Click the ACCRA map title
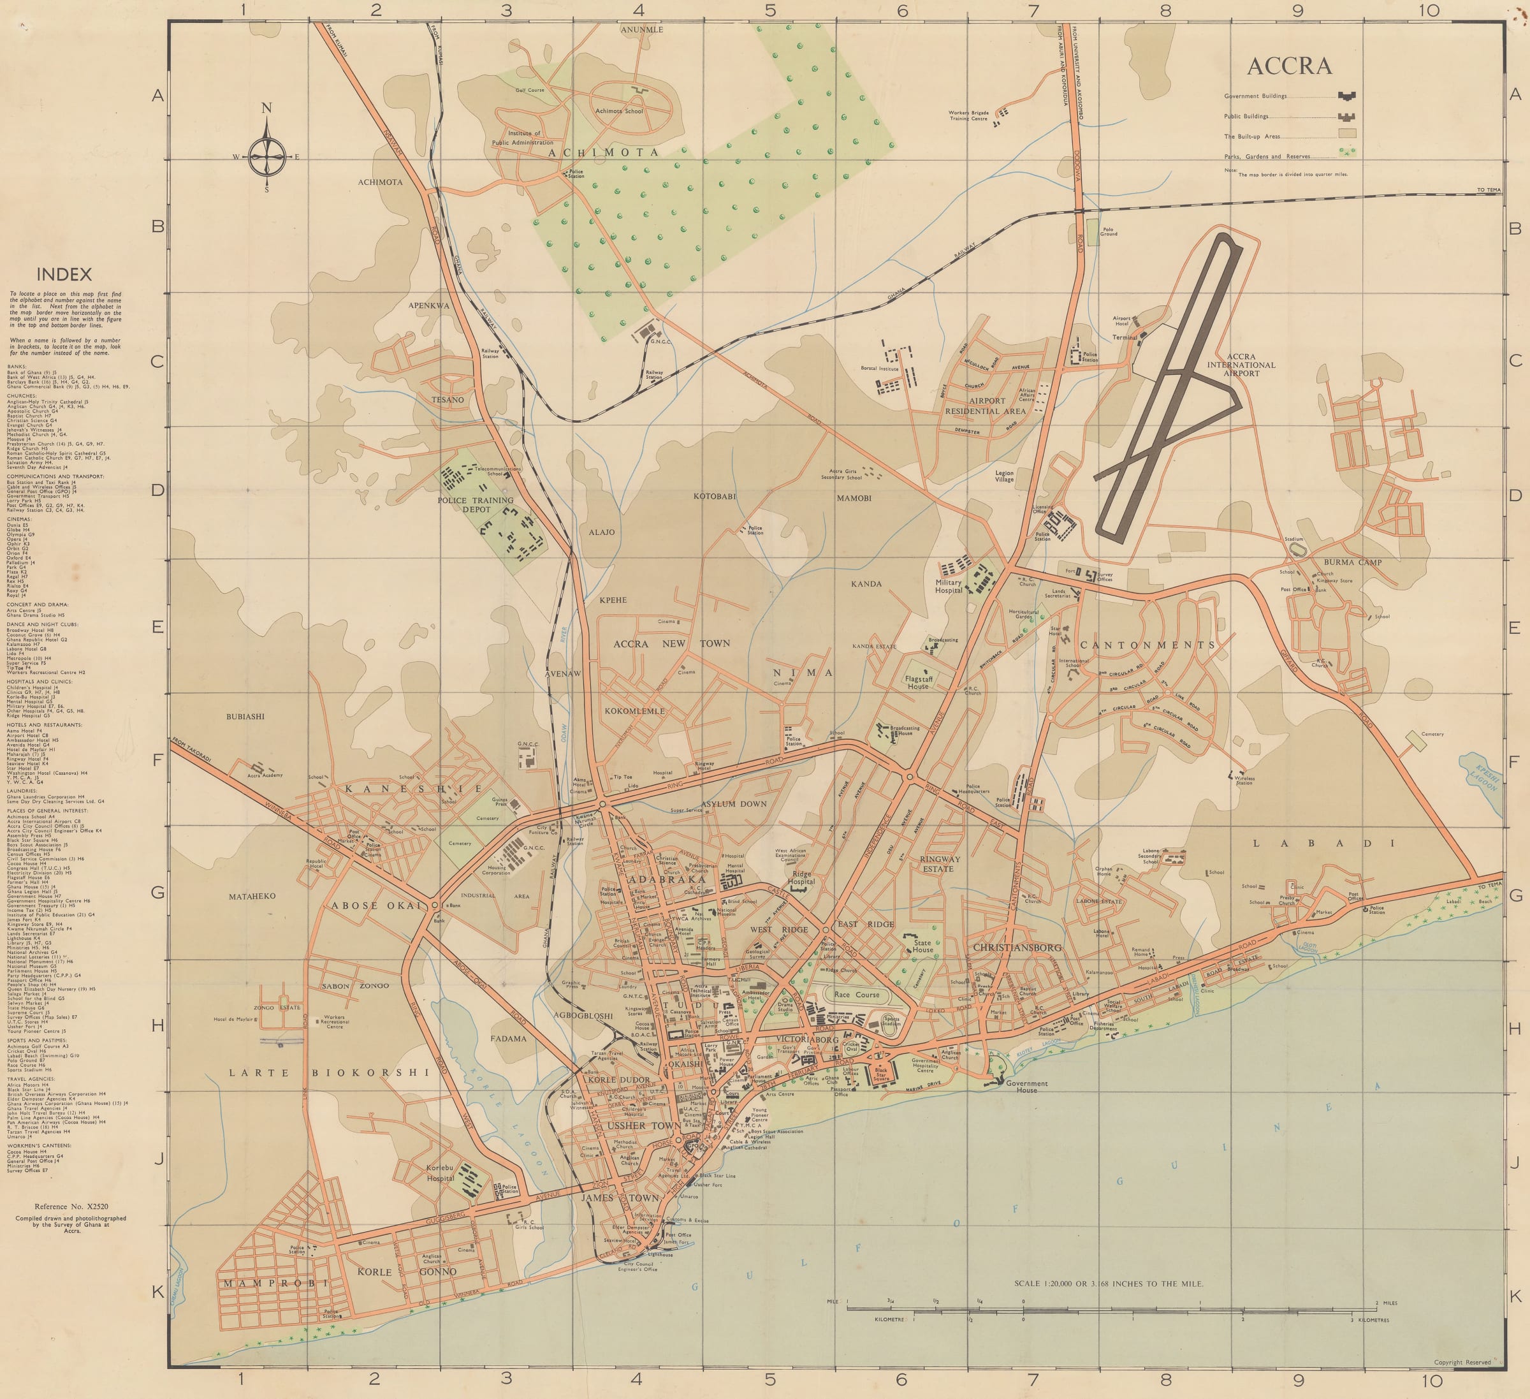[x=1288, y=67]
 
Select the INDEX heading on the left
[x=64, y=275]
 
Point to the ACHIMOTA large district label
[x=603, y=152]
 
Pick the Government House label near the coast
[x=1026, y=1087]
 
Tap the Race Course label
[x=857, y=994]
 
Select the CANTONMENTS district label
[x=1147, y=645]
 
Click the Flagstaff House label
[x=917, y=682]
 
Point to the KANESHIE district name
[x=414, y=789]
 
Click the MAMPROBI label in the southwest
[x=275, y=1283]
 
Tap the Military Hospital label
[x=948, y=587]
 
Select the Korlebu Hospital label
[x=440, y=1173]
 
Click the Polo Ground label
[x=1108, y=231]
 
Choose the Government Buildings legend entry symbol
[x=1348, y=96]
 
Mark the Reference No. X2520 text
[x=71, y=1206]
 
